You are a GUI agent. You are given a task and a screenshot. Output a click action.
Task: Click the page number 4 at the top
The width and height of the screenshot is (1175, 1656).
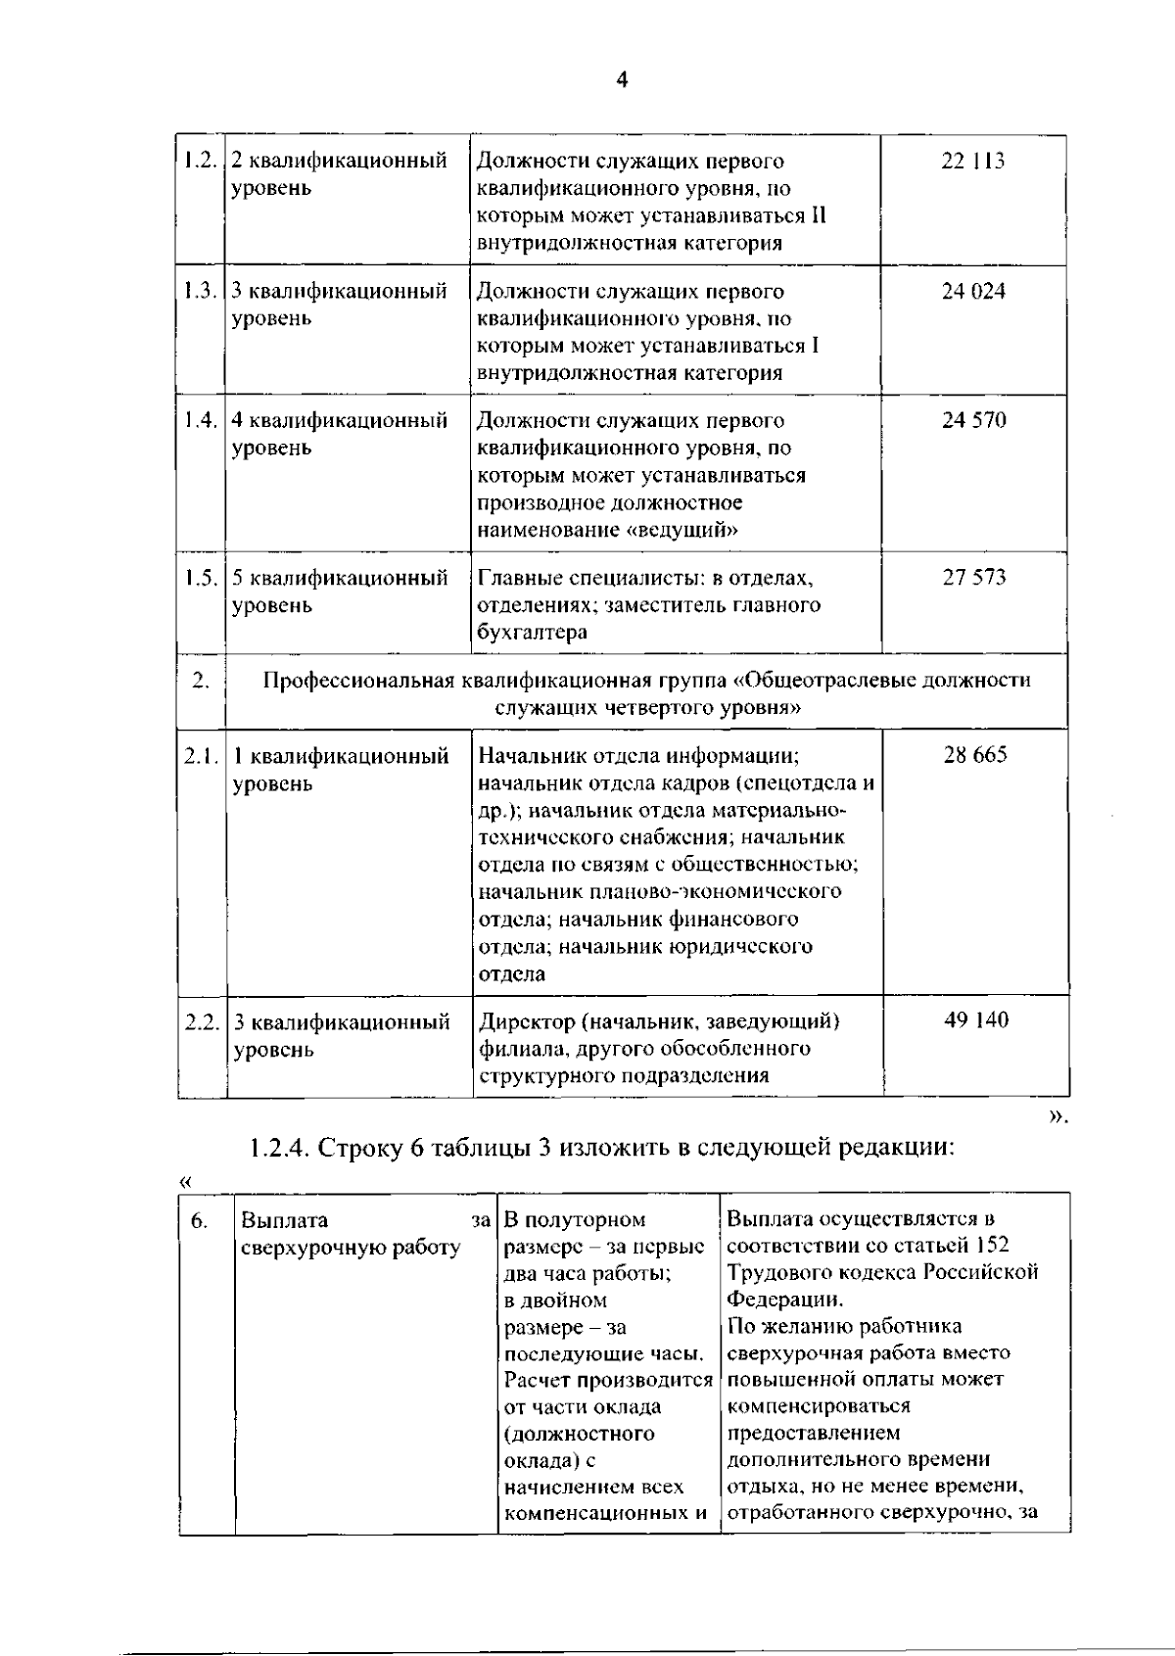pos(622,80)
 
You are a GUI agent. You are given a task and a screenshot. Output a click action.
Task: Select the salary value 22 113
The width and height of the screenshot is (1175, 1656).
pos(972,162)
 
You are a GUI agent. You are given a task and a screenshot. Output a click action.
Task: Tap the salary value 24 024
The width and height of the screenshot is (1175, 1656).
pos(972,292)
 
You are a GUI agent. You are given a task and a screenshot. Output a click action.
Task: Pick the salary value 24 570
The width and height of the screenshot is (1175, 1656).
pos(973,421)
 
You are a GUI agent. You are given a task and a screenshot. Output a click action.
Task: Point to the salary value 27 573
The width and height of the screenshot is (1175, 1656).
pos(973,578)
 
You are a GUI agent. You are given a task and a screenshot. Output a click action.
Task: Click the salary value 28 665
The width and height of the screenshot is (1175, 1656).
pos(974,755)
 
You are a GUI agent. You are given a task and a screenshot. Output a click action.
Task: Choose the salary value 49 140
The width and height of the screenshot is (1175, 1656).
pos(975,1020)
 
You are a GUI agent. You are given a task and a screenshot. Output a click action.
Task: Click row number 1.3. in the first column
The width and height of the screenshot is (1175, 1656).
pos(200,291)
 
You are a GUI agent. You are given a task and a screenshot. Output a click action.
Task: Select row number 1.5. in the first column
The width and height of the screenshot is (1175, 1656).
pos(200,578)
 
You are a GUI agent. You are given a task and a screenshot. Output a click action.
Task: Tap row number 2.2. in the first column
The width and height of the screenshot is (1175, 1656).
pos(201,1021)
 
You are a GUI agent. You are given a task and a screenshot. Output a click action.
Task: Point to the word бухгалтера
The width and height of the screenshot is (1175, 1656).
pos(533,633)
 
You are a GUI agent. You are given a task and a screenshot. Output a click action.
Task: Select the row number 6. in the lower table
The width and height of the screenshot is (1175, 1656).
pos(199,1220)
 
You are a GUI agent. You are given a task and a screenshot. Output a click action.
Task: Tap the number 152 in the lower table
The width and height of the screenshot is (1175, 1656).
pos(991,1245)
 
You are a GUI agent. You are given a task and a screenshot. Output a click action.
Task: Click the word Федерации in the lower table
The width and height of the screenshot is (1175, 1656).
pos(783,1300)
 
